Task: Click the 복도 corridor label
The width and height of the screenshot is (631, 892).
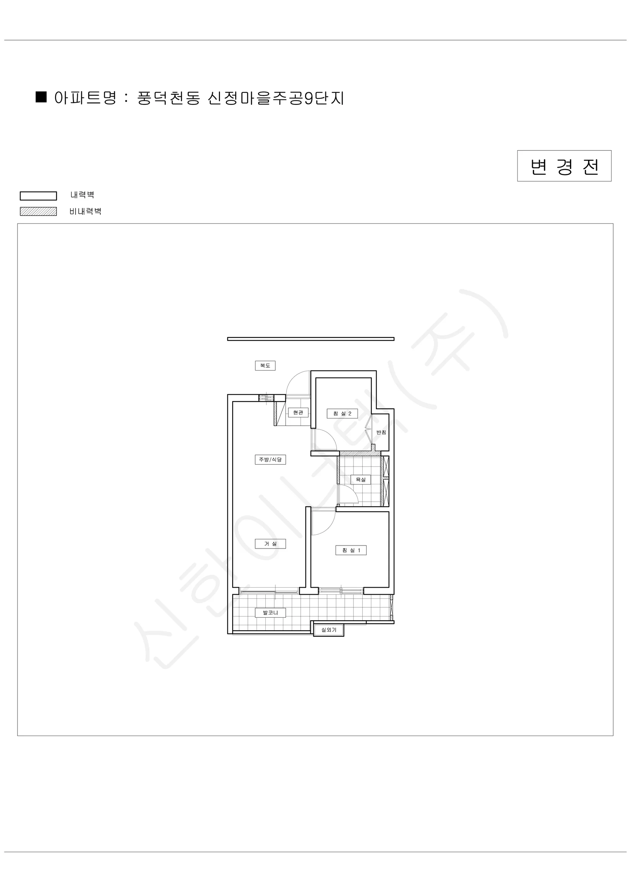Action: pos(265,366)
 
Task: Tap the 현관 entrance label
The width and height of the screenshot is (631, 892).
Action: pos(298,413)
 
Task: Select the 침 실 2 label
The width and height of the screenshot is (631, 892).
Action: pos(342,413)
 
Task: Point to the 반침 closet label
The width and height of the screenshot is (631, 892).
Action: pos(381,432)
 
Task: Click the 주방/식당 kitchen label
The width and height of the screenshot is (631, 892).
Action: pos(271,460)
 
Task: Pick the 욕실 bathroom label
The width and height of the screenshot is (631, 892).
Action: pos(360,479)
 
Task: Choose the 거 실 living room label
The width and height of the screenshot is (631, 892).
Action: pos(271,543)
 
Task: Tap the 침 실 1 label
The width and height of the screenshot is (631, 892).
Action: pos(351,550)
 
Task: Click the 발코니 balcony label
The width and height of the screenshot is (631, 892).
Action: pos(271,613)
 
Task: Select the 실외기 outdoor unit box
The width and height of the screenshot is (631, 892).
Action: pos(329,630)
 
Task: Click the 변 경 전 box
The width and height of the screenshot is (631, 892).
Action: pos(564,166)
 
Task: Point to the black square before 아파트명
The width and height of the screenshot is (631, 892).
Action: pos(41,97)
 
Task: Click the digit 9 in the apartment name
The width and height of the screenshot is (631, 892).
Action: pos(308,98)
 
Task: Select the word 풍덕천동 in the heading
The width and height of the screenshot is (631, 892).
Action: pos(169,98)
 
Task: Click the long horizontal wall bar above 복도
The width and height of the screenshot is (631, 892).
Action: pos(311,339)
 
